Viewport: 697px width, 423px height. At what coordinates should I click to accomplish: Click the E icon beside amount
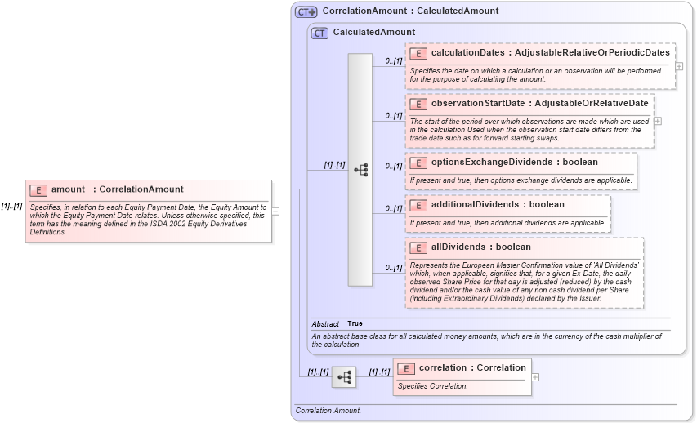coord(38,189)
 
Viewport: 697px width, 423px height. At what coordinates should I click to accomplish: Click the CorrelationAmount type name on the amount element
coord(141,189)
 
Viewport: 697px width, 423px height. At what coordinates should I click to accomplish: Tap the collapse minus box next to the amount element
coord(275,211)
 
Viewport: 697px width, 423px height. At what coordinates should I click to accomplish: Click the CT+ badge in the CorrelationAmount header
coord(306,11)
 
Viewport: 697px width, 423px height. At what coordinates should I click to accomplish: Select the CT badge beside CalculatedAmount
coord(320,33)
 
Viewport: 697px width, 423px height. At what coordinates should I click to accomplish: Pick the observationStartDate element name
coord(478,104)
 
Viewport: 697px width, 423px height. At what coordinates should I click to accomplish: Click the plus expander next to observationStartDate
coord(658,121)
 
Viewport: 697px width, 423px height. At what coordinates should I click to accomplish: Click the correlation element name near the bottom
coord(445,367)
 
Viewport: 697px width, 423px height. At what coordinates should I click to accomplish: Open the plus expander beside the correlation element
coord(535,377)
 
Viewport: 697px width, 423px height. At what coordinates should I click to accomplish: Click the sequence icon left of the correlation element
coord(344,377)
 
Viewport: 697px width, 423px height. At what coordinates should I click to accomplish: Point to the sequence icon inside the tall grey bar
coord(360,169)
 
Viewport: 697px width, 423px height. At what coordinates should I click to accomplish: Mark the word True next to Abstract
coord(355,324)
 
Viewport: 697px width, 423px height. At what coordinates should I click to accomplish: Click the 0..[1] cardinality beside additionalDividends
coord(393,209)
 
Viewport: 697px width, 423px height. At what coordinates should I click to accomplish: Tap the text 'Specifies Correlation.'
coord(432,386)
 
